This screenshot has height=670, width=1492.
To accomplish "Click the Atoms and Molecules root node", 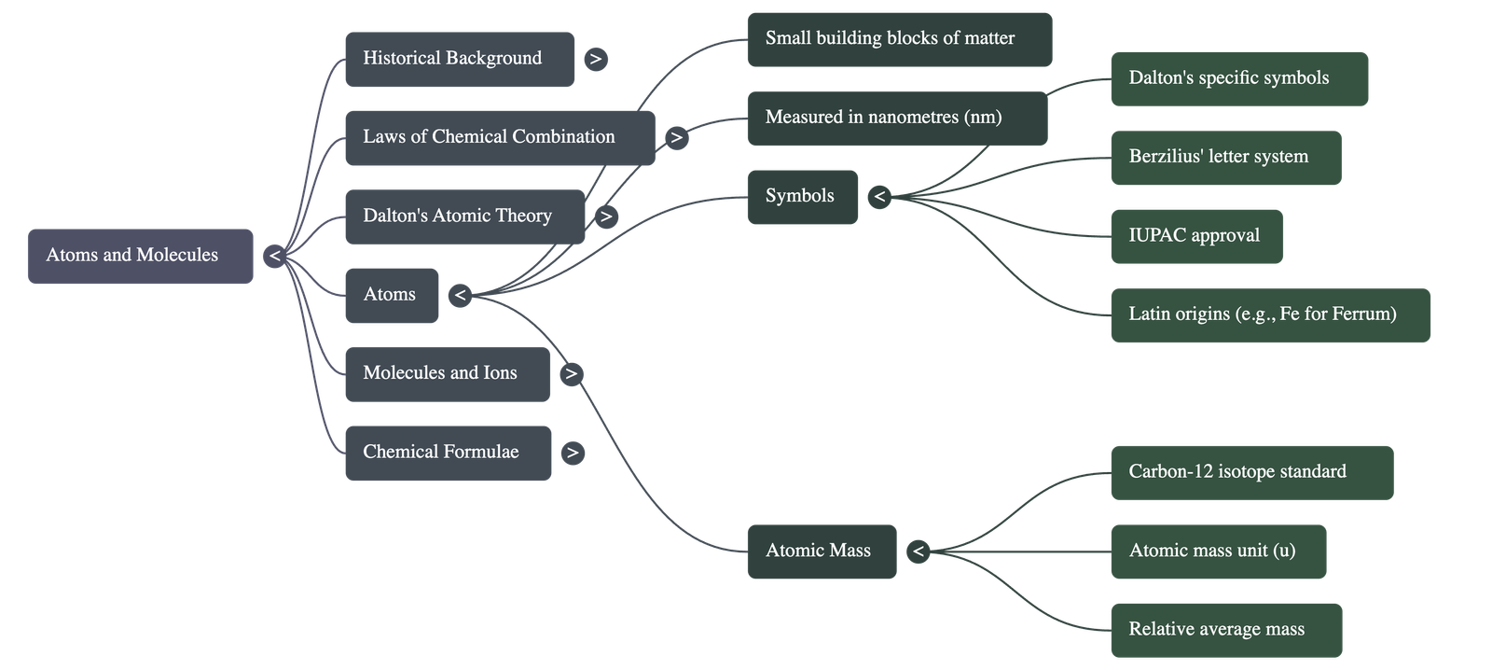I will coord(140,256).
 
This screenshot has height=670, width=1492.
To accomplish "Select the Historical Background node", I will coord(459,59).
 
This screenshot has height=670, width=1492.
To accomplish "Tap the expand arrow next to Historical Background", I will coord(595,59).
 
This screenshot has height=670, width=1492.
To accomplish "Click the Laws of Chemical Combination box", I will coord(499,137).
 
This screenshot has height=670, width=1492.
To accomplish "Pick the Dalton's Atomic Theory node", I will coord(464,216).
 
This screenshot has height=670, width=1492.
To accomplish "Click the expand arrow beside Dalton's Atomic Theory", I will coord(606,216).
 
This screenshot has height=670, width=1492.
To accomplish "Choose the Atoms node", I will coord(391,295).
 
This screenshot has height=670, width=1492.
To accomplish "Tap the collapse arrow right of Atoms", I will coord(459,296).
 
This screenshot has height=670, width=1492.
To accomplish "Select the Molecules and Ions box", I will coord(447,374).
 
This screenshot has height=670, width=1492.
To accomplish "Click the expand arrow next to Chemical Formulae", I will coord(573,454).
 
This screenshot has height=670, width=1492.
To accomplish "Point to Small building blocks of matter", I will coord(899,39).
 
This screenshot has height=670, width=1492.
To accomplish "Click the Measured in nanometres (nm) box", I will coord(896,118).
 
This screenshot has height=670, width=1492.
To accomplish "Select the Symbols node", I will coord(802,196).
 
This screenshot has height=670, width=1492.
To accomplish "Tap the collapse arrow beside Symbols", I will coord(878,197).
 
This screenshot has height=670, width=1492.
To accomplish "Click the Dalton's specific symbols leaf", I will coord(1238,78).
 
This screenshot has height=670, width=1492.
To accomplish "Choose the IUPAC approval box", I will coord(1196,236).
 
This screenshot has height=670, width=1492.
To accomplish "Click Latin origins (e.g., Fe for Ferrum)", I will coord(1270,314).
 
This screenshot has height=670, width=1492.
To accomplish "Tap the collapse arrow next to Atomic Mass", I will coord(918,551).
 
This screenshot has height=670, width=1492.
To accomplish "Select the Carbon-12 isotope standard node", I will coord(1251,472).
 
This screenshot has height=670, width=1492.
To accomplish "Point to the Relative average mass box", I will coord(1225,630).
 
